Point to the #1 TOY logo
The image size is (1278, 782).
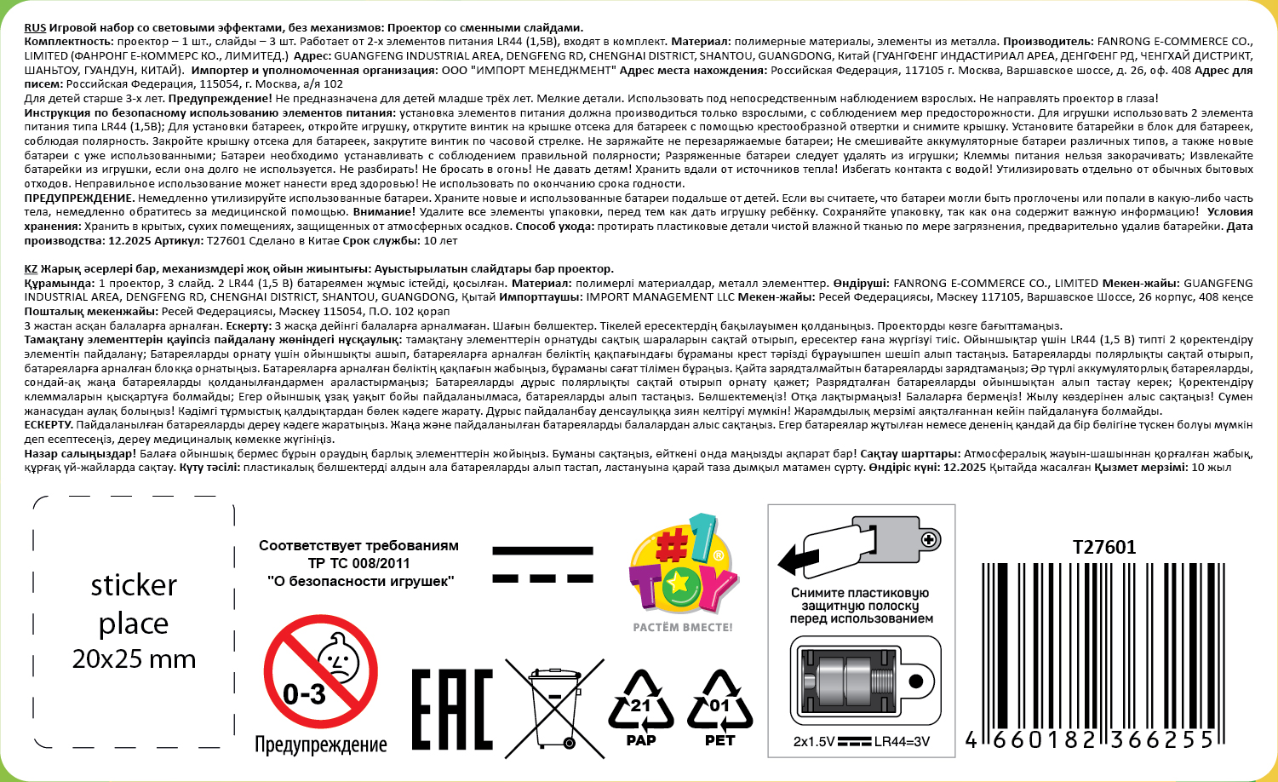click(682, 566)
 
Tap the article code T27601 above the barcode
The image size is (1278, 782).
click(1104, 547)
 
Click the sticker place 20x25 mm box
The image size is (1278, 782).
click(134, 623)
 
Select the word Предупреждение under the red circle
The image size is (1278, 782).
click(321, 745)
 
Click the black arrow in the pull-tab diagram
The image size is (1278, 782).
click(797, 558)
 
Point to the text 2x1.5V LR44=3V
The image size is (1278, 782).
click(861, 741)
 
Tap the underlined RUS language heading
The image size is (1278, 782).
click(35, 28)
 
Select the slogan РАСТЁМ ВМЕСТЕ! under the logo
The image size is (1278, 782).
click(682, 628)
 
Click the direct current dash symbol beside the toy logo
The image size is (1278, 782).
click(542, 565)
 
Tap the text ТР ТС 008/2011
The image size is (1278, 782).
click(358, 563)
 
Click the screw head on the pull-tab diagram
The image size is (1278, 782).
click(928, 539)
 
